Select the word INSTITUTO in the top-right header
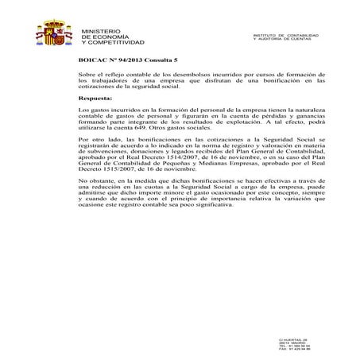click(x=265, y=35)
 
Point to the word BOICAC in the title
click(x=93, y=60)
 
